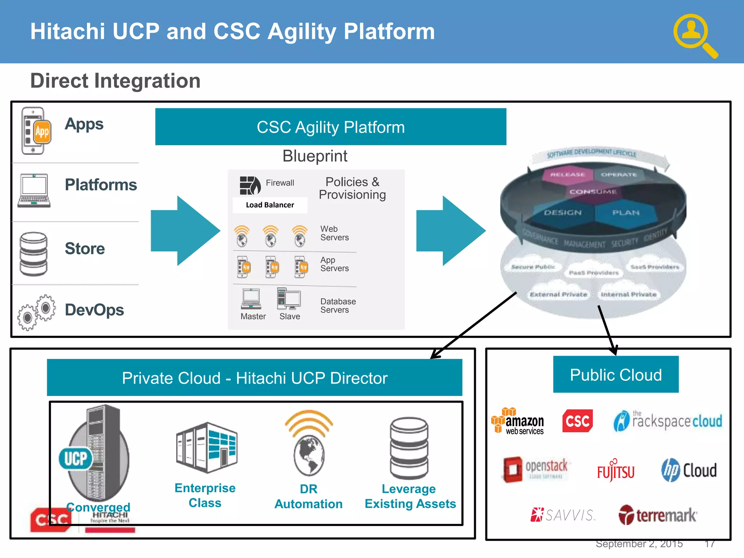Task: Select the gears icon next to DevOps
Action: click(37, 312)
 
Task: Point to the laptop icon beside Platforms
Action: click(34, 190)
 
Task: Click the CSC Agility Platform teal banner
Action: click(331, 127)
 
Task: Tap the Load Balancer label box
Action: click(270, 205)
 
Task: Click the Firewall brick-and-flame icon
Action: click(250, 185)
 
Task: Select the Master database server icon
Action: click(251, 299)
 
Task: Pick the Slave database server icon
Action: click(288, 299)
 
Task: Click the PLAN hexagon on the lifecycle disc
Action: click(626, 213)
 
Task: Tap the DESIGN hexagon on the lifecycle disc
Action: click(562, 213)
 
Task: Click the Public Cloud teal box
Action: click(616, 375)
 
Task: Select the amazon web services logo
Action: click(518, 421)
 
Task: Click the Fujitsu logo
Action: click(616, 470)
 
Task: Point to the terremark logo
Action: click(658, 515)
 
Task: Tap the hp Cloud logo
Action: click(689, 470)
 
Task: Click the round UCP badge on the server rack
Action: click(76, 458)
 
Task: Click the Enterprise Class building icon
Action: click(206, 448)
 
